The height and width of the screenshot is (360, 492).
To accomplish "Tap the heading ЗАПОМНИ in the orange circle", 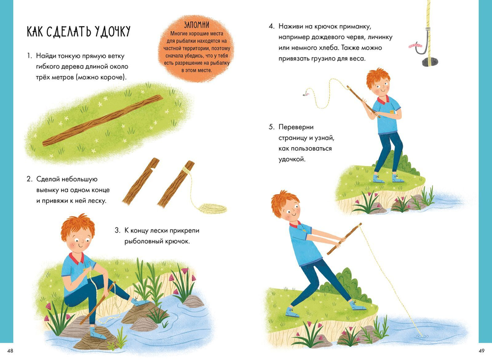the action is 196,25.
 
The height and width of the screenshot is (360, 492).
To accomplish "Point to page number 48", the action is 10,351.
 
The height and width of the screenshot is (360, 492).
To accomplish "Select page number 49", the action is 481,351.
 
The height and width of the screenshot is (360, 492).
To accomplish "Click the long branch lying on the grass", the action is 103,120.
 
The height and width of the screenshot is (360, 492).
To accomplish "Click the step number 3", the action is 118,230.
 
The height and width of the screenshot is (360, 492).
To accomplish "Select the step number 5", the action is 272,127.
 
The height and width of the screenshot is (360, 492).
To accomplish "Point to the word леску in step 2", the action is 96,201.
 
